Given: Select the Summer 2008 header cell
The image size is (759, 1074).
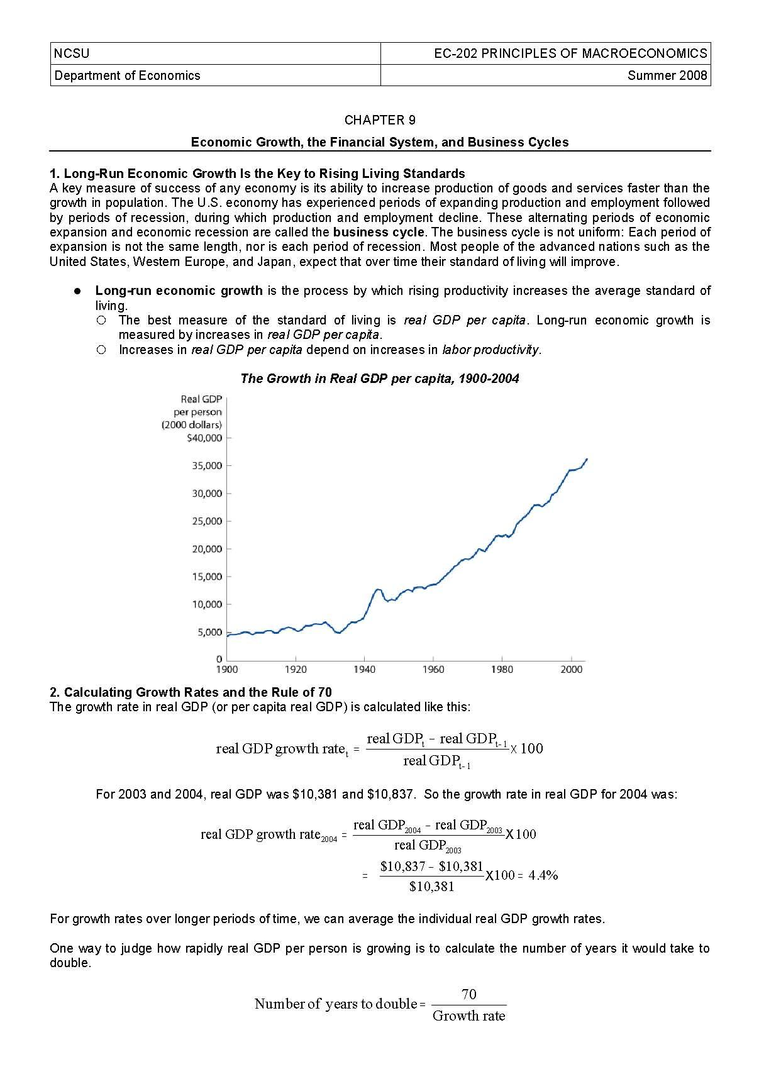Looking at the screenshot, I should [667, 75].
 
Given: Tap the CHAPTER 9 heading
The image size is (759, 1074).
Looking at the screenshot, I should [379, 120].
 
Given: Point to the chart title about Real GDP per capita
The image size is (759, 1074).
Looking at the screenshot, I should [379, 379].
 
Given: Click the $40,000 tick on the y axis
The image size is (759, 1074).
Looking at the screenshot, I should [205, 438].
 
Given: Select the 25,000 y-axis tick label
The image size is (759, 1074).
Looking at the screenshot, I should [207, 521].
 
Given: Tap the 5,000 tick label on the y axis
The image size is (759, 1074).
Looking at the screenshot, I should [209, 632].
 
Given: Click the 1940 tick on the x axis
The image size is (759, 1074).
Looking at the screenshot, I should [364, 670].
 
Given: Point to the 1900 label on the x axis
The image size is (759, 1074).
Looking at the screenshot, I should [227, 670].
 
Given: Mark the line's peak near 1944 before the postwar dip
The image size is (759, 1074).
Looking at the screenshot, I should [377, 589].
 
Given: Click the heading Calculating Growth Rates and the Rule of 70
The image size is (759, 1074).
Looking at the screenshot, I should [191, 692].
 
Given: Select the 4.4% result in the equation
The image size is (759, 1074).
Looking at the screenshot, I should [543, 875].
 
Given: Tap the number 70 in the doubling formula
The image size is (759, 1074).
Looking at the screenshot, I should [469, 994].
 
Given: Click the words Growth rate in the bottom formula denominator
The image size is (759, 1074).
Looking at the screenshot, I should [469, 1016].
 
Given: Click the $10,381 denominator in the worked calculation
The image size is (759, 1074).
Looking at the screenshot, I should [431, 887].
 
